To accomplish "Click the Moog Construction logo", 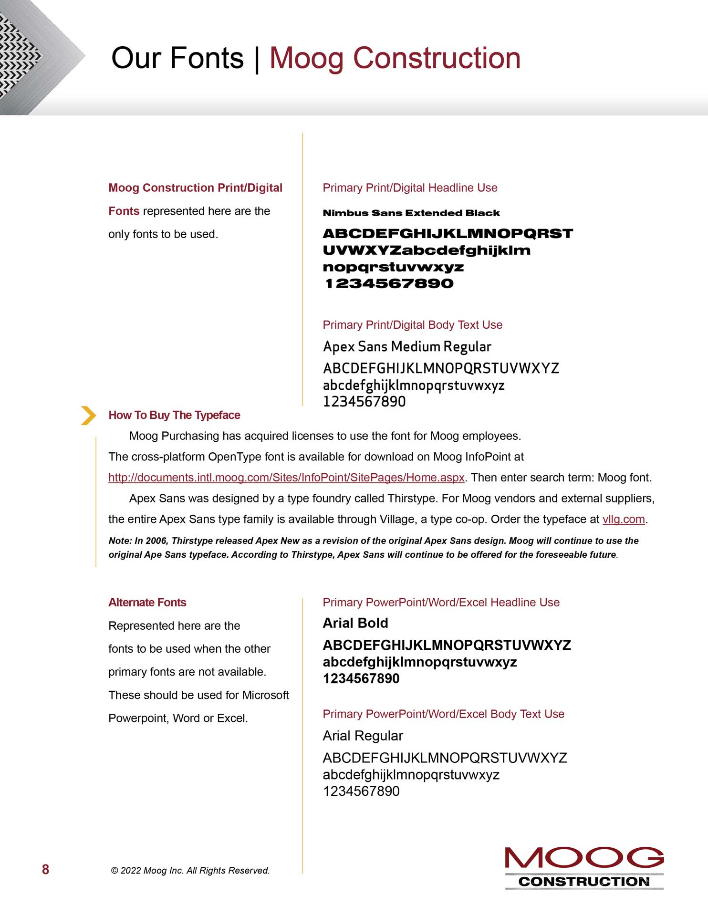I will [584, 867].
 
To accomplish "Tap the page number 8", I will [46, 869].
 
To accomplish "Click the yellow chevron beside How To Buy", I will [88, 415].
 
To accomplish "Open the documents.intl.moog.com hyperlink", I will [286, 478].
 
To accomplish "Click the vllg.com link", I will [624, 519].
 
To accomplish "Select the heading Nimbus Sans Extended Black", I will [411, 213].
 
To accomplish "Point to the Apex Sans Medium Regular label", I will [407, 346].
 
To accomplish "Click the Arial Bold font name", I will [355, 623].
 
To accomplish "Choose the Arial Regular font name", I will [363, 736].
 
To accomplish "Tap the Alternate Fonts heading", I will [147, 603].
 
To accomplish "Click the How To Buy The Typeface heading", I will [174, 415].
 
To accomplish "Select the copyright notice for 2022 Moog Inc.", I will [190, 870].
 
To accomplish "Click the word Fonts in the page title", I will [207, 58].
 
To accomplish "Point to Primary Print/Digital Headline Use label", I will [410, 188].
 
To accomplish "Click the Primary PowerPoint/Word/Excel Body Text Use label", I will [443, 714].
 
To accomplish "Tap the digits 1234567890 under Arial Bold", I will [361, 678].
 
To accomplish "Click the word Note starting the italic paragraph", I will [119, 541].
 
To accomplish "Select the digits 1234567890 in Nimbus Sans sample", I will [389, 283].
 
